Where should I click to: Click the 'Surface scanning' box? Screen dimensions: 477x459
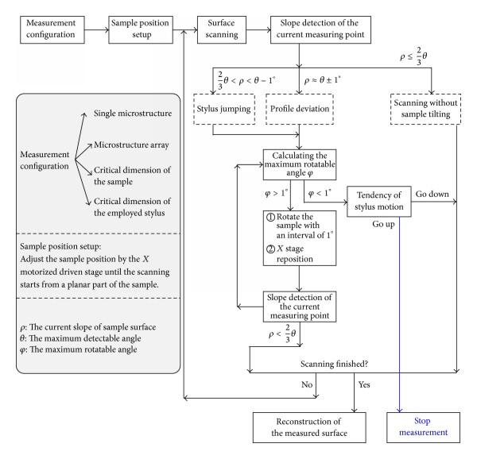(x=222, y=29)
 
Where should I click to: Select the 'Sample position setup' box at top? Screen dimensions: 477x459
(x=141, y=29)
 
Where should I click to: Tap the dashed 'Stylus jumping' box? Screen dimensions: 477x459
(x=224, y=109)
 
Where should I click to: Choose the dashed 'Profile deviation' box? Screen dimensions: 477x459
(x=300, y=109)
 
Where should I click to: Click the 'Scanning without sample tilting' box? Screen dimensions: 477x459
(x=425, y=109)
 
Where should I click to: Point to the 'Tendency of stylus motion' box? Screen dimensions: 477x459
(x=379, y=202)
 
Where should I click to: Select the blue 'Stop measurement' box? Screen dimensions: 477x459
(x=423, y=427)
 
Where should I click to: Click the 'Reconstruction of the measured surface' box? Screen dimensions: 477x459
(x=309, y=427)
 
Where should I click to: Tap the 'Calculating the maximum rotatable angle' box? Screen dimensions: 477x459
(x=300, y=164)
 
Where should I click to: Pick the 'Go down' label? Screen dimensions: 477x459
(x=432, y=194)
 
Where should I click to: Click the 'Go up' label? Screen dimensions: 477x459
(x=383, y=224)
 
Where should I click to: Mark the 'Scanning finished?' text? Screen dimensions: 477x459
(x=335, y=364)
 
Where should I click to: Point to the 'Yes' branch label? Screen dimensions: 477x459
(x=364, y=384)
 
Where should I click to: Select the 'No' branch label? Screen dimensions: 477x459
(x=307, y=384)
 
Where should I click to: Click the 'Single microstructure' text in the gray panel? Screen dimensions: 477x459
(x=133, y=114)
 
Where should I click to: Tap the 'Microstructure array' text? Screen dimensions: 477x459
(x=131, y=145)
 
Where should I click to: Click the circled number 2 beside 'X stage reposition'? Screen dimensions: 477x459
(x=270, y=249)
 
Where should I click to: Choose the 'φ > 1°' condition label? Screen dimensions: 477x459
(x=276, y=193)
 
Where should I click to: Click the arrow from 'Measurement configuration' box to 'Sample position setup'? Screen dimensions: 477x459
(x=96, y=29)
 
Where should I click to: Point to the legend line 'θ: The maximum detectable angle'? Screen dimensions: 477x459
(x=80, y=338)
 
